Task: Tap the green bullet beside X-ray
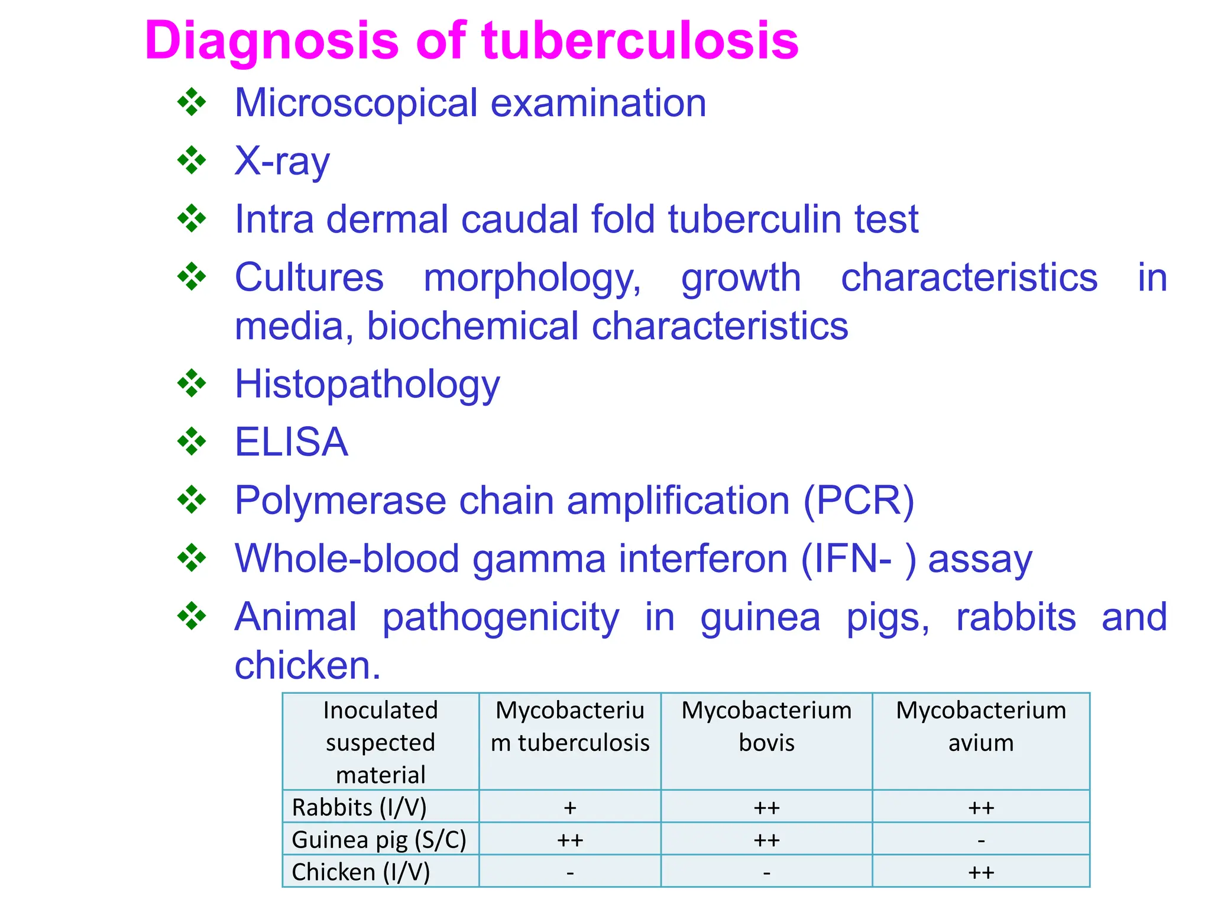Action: [192, 160]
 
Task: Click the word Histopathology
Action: [367, 385]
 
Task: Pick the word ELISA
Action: [292, 442]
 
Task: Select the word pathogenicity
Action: [501, 617]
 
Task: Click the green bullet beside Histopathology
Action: [192, 383]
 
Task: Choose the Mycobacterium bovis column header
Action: [766, 726]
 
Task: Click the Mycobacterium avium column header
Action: [981, 726]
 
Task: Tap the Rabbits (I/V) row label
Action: [359, 807]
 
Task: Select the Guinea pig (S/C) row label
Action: [379, 840]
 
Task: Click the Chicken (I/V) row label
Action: [361, 872]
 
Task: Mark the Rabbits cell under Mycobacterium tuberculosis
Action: [570, 808]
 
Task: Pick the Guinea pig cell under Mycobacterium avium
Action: [981, 840]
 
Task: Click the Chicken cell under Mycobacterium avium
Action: [981, 872]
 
